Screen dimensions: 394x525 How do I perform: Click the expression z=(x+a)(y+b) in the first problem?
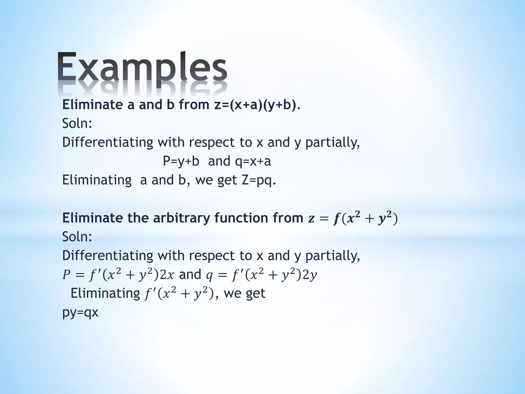coord(255,105)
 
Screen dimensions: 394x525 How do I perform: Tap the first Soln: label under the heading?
coord(77,123)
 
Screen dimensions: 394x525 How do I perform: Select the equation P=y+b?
coord(181,161)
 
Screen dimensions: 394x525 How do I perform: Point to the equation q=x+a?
coord(253,161)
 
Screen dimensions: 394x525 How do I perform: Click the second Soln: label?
coord(77,237)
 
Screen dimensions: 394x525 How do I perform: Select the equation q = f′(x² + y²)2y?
coord(262,275)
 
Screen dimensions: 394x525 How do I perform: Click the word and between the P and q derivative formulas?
coord(190,274)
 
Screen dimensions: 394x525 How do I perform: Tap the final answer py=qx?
coord(80,312)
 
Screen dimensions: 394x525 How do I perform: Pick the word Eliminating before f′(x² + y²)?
coord(105,293)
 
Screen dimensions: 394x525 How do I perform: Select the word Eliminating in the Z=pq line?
coord(97,180)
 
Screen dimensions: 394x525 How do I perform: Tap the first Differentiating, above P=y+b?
coord(108,142)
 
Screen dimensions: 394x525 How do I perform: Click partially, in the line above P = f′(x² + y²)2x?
coord(332,255)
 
